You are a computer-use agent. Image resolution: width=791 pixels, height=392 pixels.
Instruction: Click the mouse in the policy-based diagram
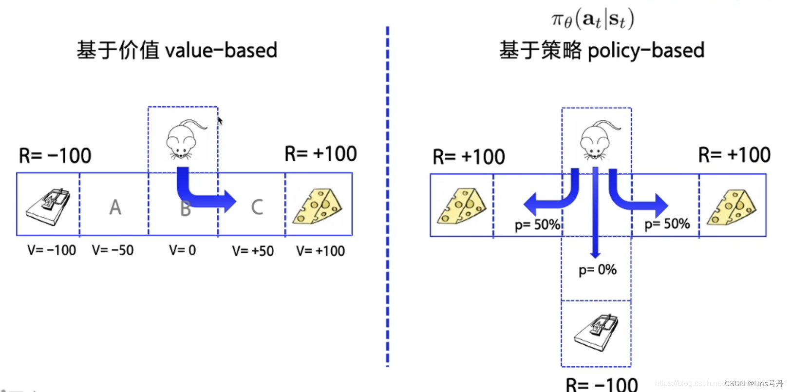tap(595, 142)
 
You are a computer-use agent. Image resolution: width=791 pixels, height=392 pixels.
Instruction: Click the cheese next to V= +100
tap(318, 206)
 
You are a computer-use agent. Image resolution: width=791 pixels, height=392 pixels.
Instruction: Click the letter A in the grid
tap(115, 207)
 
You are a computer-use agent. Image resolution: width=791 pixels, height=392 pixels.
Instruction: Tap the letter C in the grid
tap(257, 207)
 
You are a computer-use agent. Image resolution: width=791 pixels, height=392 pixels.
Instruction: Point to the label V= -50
tap(113, 250)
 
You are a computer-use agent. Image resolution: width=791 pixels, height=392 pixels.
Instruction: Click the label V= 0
tap(182, 250)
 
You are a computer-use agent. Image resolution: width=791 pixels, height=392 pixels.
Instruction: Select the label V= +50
tap(253, 251)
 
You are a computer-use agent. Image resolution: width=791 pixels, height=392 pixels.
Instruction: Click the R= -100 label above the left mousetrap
tap(55, 156)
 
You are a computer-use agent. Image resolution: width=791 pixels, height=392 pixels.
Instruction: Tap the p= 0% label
tap(597, 270)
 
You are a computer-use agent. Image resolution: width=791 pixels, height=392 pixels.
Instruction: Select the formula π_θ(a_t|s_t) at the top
tap(592, 20)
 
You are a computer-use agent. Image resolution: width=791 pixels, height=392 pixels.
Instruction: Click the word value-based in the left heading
tap(221, 50)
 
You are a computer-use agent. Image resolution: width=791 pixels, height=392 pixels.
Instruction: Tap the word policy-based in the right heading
tap(646, 51)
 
